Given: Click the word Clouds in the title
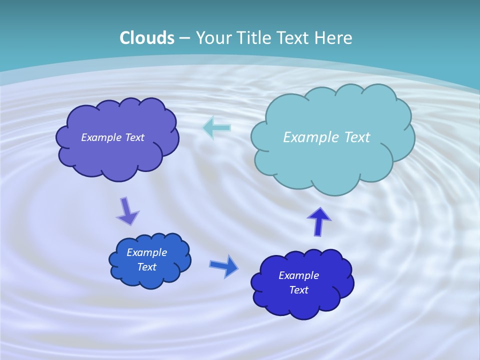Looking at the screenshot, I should (x=147, y=38).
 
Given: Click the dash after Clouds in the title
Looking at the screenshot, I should (x=184, y=38).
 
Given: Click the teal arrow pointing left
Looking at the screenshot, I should (x=216, y=127).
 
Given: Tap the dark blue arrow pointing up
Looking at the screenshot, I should (x=318, y=221).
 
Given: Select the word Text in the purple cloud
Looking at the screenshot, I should (x=134, y=137).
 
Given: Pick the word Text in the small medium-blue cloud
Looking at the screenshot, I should (x=146, y=267).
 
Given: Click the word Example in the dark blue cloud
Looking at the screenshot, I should (x=298, y=275).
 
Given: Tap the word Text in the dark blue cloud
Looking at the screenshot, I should (x=298, y=290).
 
